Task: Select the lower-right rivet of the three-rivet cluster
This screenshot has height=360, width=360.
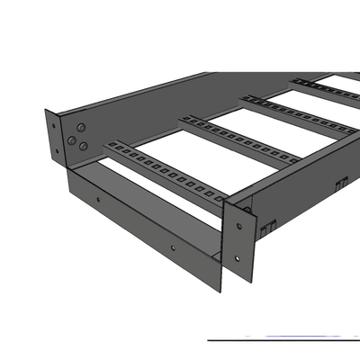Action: click(x=83, y=144)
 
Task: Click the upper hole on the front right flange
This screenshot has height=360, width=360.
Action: click(x=242, y=211)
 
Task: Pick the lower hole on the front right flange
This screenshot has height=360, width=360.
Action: click(x=236, y=258)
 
